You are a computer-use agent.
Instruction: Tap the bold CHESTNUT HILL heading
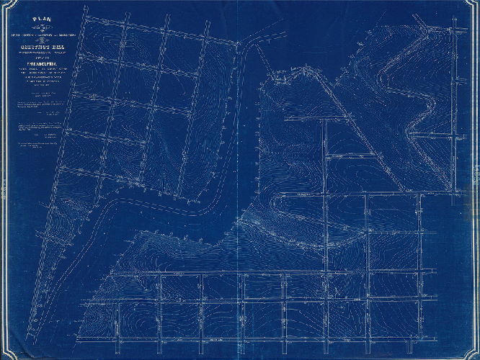click(37, 47)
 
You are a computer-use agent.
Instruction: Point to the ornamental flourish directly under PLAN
click(36, 28)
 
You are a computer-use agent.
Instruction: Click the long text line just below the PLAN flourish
click(36, 34)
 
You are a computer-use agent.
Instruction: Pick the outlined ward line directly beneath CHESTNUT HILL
click(37, 54)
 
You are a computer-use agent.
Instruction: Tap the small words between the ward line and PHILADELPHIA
click(37, 58)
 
